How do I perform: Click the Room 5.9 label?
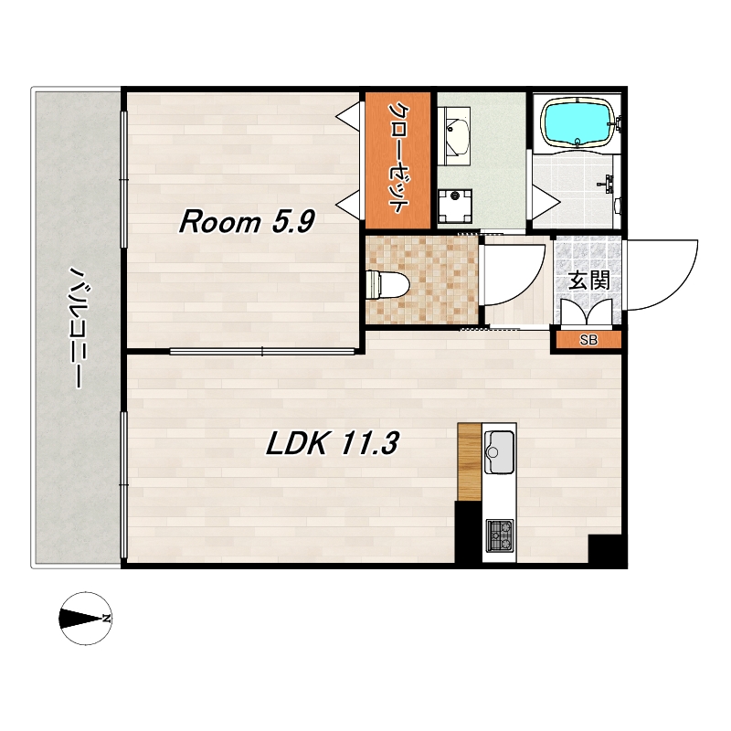(x=247, y=221)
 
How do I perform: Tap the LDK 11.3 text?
(x=332, y=443)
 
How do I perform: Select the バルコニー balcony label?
(x=76, y=327)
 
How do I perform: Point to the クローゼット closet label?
(x=397, y=157)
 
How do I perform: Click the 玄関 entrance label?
(x=588, y=281)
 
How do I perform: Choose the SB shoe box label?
(x=588, y=340)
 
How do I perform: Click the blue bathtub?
(x=578, y=122)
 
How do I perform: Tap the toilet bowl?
(x=387, y=284)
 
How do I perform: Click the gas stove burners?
(x=500, y=535)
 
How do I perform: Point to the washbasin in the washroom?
(x=457, y=135)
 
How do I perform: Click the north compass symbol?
(x=86, y=619)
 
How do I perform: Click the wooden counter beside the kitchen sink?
(x=470, y=461)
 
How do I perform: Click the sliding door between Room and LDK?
(x=262, y=351)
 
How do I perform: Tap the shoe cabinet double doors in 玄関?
(x=587, y=312)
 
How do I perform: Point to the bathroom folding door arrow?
(x=546, y=201)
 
